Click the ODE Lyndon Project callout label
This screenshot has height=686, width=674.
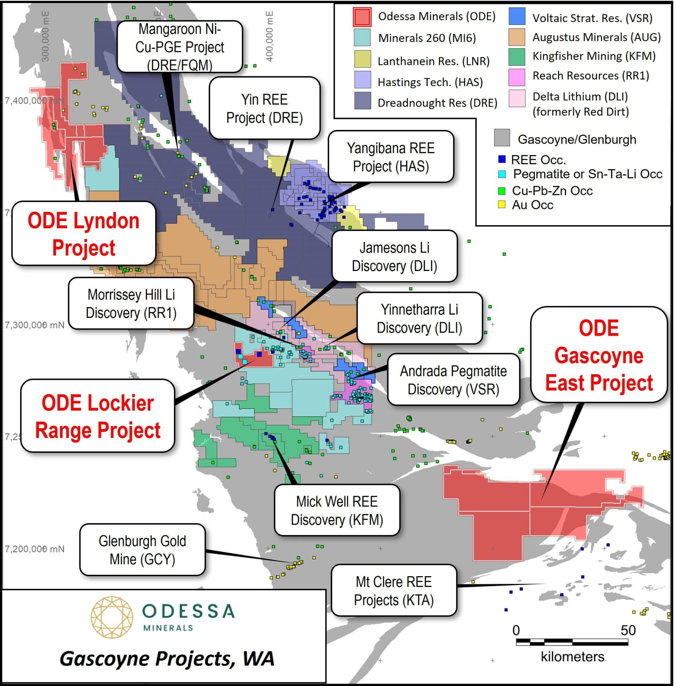click(x=83, y=233)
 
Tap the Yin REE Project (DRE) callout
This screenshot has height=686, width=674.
click(x=264, y=108)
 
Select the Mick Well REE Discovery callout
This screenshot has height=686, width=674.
click(x=337, y=510)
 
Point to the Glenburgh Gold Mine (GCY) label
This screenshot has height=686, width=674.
click(x=142, y=550)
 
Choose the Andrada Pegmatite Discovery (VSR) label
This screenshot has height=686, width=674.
click(x=453, y=380)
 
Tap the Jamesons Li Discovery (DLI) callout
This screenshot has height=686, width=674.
click(x=394, y=257)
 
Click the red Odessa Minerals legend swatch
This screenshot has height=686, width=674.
click(x=362, y=17)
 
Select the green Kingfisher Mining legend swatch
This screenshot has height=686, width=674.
click(x=516, y=57)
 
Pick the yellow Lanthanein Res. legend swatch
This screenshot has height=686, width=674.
click(x=363, y=59)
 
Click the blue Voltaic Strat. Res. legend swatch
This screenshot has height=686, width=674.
click(x=516, y=16)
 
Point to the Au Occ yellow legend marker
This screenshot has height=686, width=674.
click(x=502, y=204)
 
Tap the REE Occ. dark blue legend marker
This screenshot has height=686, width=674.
click(x=502, y=159)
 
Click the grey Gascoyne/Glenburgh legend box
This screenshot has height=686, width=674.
click(x=502, y=138)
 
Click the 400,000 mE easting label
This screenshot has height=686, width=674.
click(x=269, y=36)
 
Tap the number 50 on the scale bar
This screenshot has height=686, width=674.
click(x=628, y=630)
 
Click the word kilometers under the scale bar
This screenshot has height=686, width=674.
click(x=572, y=657)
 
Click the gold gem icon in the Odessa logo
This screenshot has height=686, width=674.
click(x=112, y=617)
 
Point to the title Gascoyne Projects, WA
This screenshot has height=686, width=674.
click(x=167, y=659)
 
